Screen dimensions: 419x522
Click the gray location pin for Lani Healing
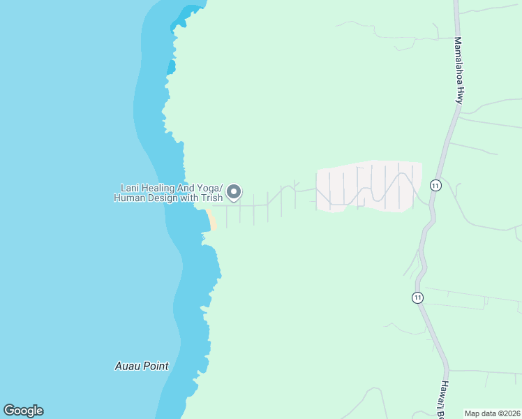234,191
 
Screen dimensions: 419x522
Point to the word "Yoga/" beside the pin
208,188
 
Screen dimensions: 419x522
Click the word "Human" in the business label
130,198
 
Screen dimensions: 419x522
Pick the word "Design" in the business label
165,198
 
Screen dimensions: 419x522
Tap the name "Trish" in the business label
211,198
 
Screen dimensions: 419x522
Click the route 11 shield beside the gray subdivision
435,185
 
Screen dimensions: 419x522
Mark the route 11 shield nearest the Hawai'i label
417,297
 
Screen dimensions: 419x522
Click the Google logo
23,411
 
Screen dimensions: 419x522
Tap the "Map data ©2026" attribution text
493,413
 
